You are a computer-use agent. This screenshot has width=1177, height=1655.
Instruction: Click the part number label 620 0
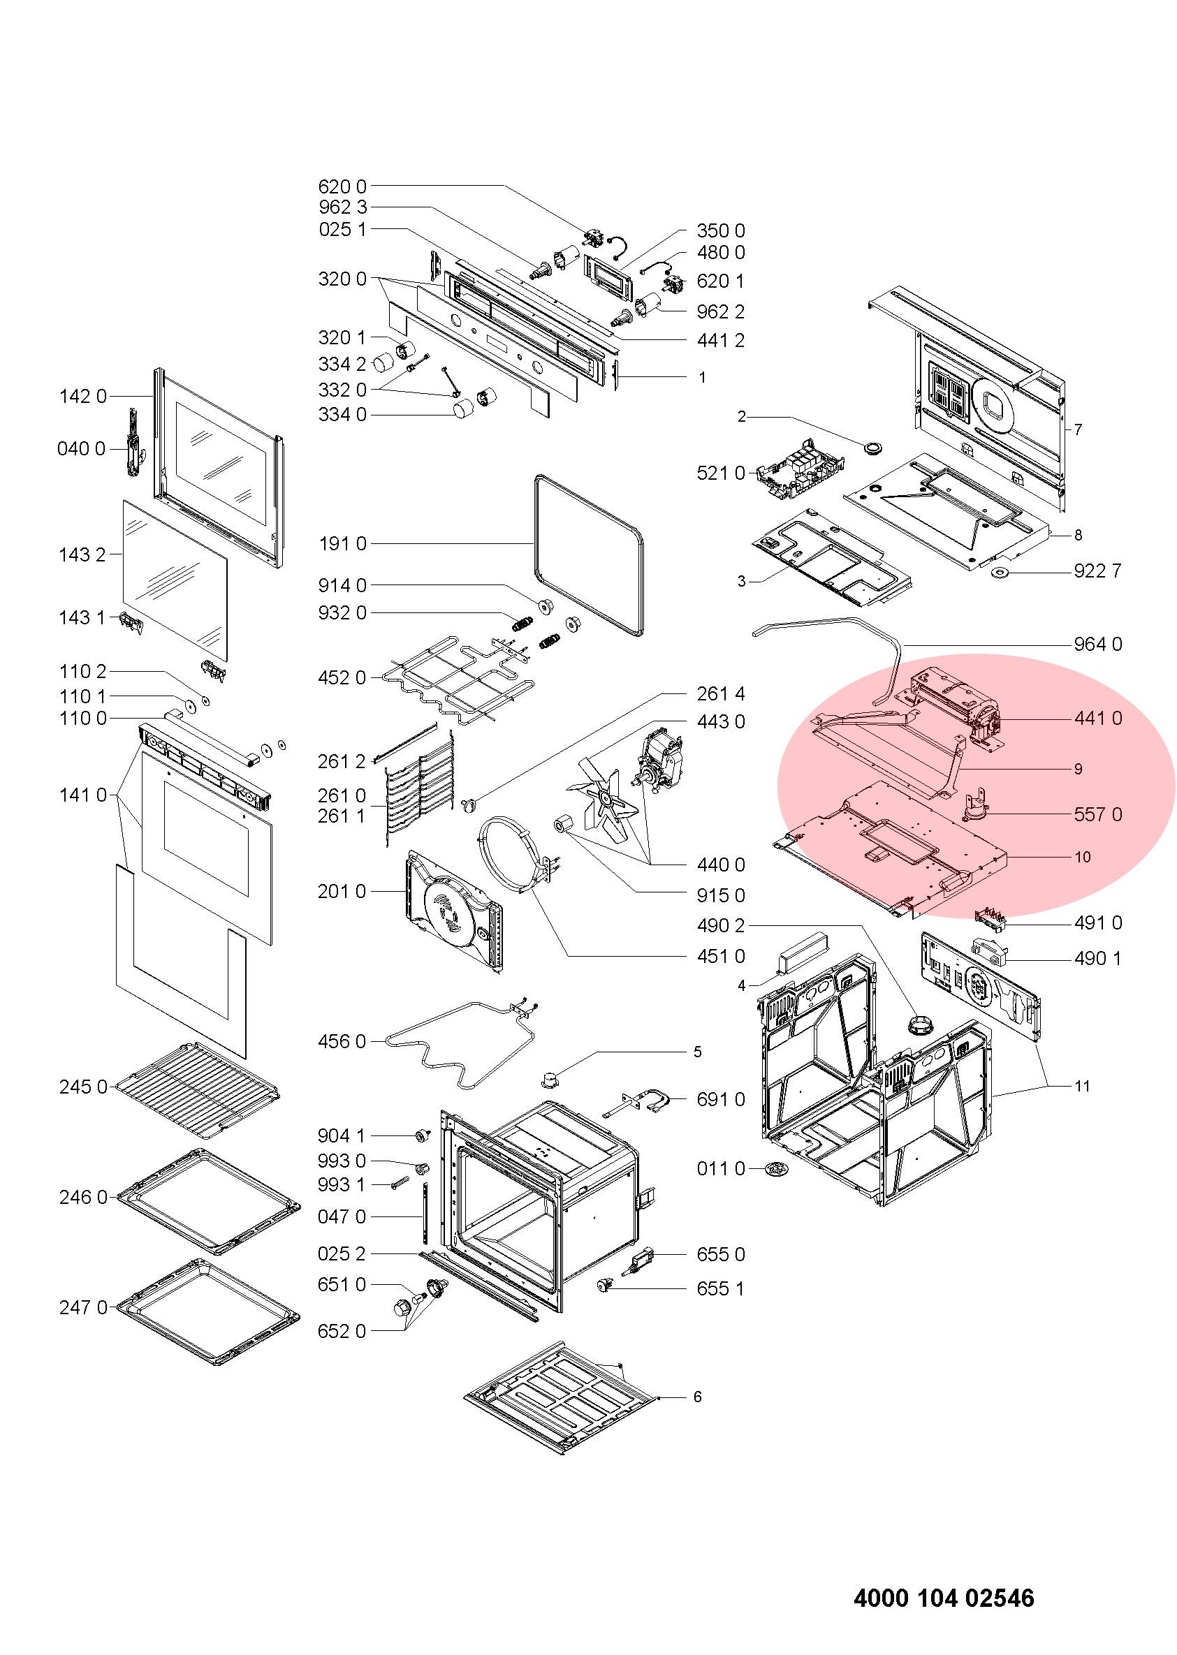342,187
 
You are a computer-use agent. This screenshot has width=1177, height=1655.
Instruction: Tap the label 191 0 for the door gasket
342,543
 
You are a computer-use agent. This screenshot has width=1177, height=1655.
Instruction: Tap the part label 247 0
82,1307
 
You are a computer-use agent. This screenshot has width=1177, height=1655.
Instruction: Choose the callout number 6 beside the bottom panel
697,1397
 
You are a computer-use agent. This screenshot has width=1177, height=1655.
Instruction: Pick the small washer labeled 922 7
1003,574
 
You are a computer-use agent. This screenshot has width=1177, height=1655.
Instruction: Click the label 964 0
1097,644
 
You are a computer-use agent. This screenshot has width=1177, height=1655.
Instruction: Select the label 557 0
1097,814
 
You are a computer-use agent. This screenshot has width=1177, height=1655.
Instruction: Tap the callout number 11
1082,1085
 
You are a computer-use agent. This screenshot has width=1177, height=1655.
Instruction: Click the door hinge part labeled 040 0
134,442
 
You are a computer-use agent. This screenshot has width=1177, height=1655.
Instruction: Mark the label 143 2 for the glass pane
82,555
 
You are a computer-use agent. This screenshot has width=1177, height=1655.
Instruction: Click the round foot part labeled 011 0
777,1168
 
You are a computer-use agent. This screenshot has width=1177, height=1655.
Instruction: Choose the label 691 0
720,1099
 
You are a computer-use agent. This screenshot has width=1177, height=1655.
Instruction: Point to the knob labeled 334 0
462,411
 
